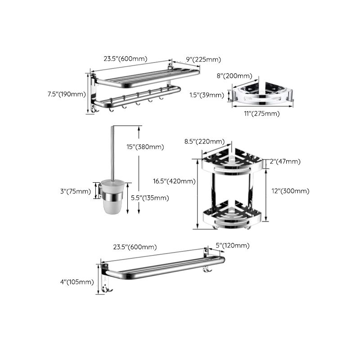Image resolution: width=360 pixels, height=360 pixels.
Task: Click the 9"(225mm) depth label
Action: click(x=203, y=59)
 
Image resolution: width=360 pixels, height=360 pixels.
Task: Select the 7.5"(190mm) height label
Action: click(x=67, y=94)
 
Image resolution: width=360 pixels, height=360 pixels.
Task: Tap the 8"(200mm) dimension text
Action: click(x=234, y=76)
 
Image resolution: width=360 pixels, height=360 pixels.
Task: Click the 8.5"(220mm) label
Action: click(x=204, y=141)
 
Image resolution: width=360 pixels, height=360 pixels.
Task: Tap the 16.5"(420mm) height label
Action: click(x=174, y=181)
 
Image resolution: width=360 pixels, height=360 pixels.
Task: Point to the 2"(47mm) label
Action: click(x=286, y=162)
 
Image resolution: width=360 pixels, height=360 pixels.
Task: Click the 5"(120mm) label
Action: click(x=232, y=245)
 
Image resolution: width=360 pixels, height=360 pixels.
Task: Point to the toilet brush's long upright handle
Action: click(x=112, y=153)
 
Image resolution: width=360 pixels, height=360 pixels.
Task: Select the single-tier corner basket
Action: click(x=263, y=95)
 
